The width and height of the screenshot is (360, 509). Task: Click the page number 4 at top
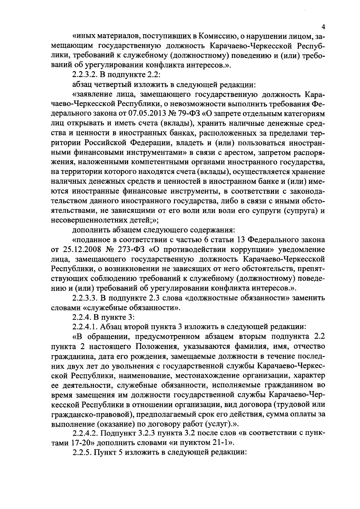(323, 27)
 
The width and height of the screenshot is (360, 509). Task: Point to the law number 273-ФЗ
(131, 250)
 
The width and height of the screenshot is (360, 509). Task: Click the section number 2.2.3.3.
(86, 298)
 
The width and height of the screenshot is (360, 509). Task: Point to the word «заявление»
(93, 95)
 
